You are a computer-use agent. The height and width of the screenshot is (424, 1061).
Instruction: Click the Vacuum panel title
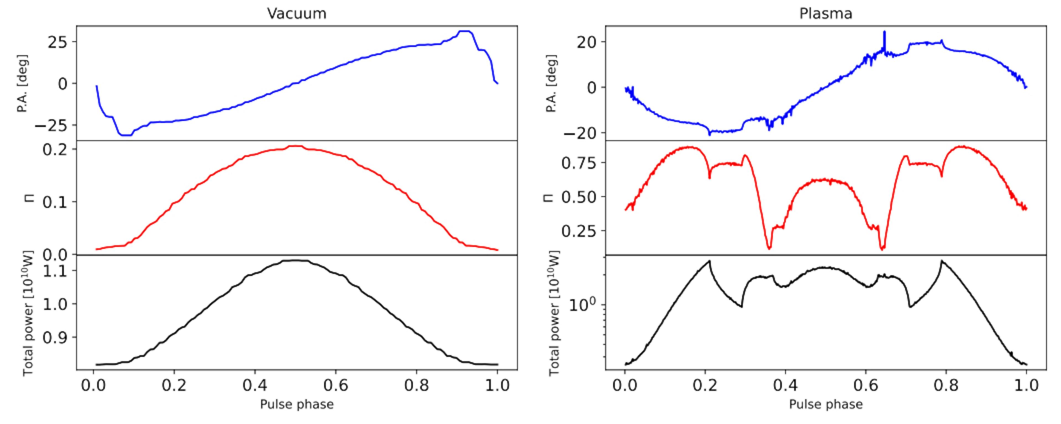pyautogui.click(x=296, y=14)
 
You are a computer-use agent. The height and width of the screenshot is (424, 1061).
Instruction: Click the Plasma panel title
pyautogui.click(x=825, y=14)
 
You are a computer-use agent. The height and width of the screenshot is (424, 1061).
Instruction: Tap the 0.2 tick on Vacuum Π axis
pyautogui.click(x=54, y=149)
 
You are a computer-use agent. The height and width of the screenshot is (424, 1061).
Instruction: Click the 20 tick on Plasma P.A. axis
pyautogui.click(x=586, y=42)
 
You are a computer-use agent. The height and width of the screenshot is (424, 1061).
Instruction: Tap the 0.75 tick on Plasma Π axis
pyautogui.click(x=578, y=163)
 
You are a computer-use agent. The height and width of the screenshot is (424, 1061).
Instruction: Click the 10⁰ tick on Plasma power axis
pyautogui.click(x=582, y=305)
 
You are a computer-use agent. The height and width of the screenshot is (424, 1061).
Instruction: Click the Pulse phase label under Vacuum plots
pyautogui.click(x=296, y=405)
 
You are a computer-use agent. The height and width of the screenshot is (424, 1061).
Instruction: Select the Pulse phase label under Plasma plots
pyautogui.click(x=825, y=405)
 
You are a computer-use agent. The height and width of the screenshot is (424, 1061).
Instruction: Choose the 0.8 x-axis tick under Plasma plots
pyautogui.click(x=946, y=386)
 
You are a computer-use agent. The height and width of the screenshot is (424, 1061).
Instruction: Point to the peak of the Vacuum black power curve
pyautogui.click(x=296, y=260)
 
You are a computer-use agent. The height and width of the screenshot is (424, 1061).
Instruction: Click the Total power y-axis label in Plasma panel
pyautogui.click(x=554, y=313)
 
